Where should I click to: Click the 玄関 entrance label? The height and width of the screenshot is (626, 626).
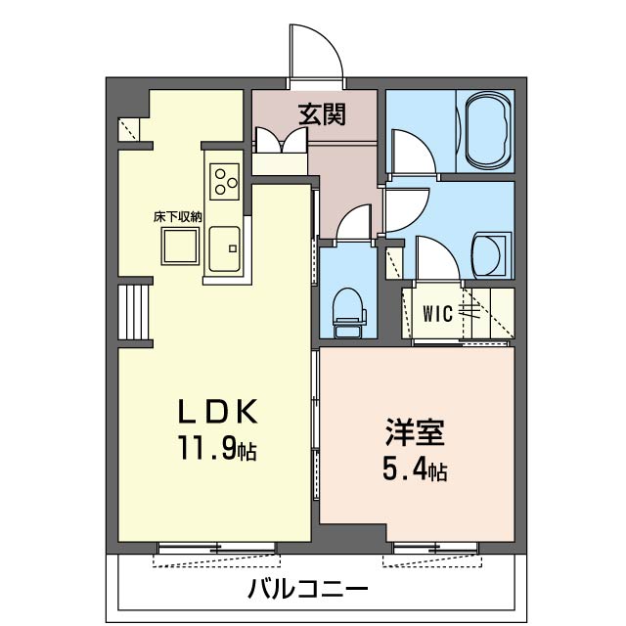coord(322,114)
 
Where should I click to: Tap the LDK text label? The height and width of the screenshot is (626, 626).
coord(217,412)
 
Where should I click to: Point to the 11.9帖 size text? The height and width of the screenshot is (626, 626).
coord(217,448)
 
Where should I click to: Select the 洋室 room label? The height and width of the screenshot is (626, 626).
coord(415,432)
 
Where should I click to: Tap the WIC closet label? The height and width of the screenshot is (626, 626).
coord(438,313)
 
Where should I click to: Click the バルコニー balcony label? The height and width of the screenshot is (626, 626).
coord(308,589)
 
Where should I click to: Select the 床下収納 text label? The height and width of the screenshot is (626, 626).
coord(178,217)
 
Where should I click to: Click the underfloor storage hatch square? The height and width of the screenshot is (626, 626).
coord(180,246)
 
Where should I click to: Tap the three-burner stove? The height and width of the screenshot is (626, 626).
coord(225,182)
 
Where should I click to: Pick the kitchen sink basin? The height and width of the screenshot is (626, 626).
coord(225,249)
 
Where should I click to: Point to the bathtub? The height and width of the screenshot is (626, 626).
coord(489,130)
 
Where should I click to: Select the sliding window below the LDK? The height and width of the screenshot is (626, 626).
coord(217,548)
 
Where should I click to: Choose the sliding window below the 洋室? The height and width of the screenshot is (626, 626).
coord(436,548)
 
